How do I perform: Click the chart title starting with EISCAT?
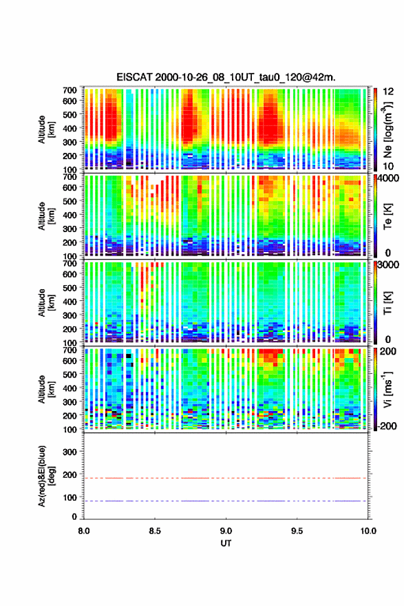click(226, 77)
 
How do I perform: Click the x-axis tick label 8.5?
click(155, 531)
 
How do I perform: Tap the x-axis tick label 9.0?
click(226, 531)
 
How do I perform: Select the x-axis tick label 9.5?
click(297, 531)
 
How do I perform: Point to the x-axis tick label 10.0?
click(368, 531)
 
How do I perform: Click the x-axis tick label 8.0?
click(84, 531)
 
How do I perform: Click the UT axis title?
click(226, 543)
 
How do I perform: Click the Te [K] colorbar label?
click(387, 216)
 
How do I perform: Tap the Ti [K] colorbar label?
click(387, 303)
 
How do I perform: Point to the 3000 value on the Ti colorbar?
click(388, 265)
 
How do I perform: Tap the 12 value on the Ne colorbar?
click(389, 92)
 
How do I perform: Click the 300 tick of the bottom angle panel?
click(70, 452)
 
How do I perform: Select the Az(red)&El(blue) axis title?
click(45, 476)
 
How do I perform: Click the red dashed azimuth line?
click(225, 478)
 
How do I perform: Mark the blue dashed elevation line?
click(225, 501)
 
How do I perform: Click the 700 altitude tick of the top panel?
click(70, 90)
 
